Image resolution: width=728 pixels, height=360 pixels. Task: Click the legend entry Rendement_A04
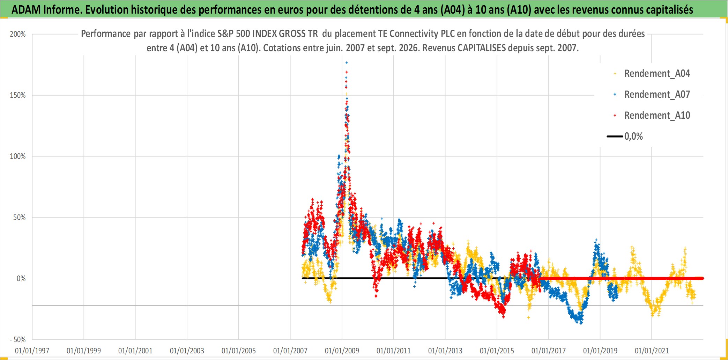tap(657, 74)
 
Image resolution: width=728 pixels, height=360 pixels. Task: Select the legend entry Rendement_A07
tap(657, 95)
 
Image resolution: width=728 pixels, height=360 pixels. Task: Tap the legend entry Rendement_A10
tap(657, 116)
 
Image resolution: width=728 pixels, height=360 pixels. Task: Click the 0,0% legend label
tap(633, 137)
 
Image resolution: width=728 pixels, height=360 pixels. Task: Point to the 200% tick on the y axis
tap(18, 34)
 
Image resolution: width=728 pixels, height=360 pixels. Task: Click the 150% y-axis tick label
tap(18, 95)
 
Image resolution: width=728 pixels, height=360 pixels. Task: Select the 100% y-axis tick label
tap(18, 156)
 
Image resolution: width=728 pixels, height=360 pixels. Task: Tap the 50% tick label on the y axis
tap(20, 218)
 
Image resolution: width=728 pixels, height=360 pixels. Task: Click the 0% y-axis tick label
tap(21, 279)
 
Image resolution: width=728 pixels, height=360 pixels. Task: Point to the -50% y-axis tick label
tap(18, 340)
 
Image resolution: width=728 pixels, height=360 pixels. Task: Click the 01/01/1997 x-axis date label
tap(32, 351)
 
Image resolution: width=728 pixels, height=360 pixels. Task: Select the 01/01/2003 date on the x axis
tap(187, 351)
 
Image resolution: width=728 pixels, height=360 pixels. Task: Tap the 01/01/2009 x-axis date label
tap(342, 351)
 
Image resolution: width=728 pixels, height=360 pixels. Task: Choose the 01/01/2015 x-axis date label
tap(497, 351)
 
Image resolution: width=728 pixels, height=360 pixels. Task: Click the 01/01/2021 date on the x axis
tap(652, 351)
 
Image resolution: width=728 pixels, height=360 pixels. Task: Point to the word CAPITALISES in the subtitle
tap(481, 48)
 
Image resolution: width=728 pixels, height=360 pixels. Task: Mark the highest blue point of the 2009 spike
tap(347, 63)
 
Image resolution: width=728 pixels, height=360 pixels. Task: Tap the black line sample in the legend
tap(615, 137)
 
